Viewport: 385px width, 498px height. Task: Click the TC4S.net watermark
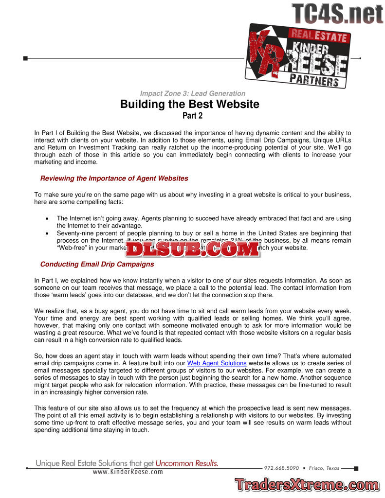tap(337, 13)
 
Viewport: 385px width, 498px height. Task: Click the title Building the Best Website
tap(190, 104)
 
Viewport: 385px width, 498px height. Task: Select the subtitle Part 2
tap(192, 116)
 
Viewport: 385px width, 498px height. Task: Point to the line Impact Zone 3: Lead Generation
tap(192, 93)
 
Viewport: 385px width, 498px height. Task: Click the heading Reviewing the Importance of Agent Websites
tap(114, 178)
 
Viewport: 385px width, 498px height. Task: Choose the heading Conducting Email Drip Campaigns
tap(97, 265)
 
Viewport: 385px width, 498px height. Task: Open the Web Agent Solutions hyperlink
tap(217, 363)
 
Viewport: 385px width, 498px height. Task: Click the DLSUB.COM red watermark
tap(192, 249)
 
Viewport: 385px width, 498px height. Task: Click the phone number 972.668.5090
tap(281, 468)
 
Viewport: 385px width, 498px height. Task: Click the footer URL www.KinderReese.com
tap(128, 472)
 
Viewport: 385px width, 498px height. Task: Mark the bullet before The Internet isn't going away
tap(46, 219)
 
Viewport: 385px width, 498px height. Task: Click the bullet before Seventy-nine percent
tap(46, 234)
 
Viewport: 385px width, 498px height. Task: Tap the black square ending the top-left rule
tap(25, 58)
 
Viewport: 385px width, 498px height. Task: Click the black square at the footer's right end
tap(356, 469)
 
